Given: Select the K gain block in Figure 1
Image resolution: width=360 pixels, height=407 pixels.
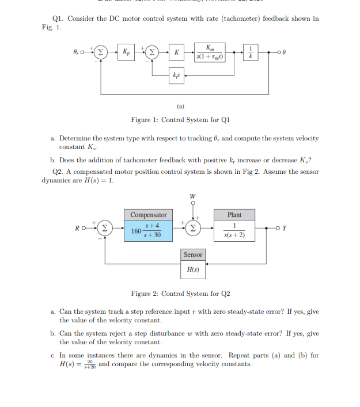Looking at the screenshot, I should point(177,52).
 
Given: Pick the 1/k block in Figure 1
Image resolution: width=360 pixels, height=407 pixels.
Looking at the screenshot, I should point(251,52).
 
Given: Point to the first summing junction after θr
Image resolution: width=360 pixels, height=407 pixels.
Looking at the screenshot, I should point(101,52).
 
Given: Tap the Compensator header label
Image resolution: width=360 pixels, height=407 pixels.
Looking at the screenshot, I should point(148,215).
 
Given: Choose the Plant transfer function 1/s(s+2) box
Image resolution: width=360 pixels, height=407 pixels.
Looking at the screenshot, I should point(234,230).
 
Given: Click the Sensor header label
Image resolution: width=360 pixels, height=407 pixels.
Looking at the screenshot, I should point(193,254).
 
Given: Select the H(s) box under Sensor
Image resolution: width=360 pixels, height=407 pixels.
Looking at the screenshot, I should point(193,269).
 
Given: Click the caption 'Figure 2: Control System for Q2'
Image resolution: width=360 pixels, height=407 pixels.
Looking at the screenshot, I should point(180,294).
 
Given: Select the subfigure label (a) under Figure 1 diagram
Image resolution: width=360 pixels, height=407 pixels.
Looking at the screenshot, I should point(180,106).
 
